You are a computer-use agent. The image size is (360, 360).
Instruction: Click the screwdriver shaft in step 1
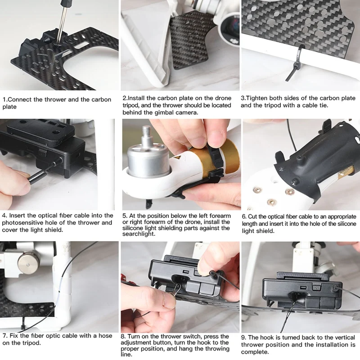(x=62, y=24)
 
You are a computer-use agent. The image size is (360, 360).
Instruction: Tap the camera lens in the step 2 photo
(x=232, y=25)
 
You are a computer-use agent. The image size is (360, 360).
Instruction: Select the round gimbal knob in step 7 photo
(x=29, y=263)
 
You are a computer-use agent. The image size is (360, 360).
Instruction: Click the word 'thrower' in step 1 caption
(x=55, y=99)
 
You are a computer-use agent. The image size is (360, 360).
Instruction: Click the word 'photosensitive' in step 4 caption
(x=22, y=223)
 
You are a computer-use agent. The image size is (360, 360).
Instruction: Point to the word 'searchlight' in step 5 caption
(x=138, y=234)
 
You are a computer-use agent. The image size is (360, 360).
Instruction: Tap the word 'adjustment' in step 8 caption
(x=136, y=343)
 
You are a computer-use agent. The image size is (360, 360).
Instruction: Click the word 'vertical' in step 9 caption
(x=344, y=337)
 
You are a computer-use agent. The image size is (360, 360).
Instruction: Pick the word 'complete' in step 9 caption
(x=254, y=352)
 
